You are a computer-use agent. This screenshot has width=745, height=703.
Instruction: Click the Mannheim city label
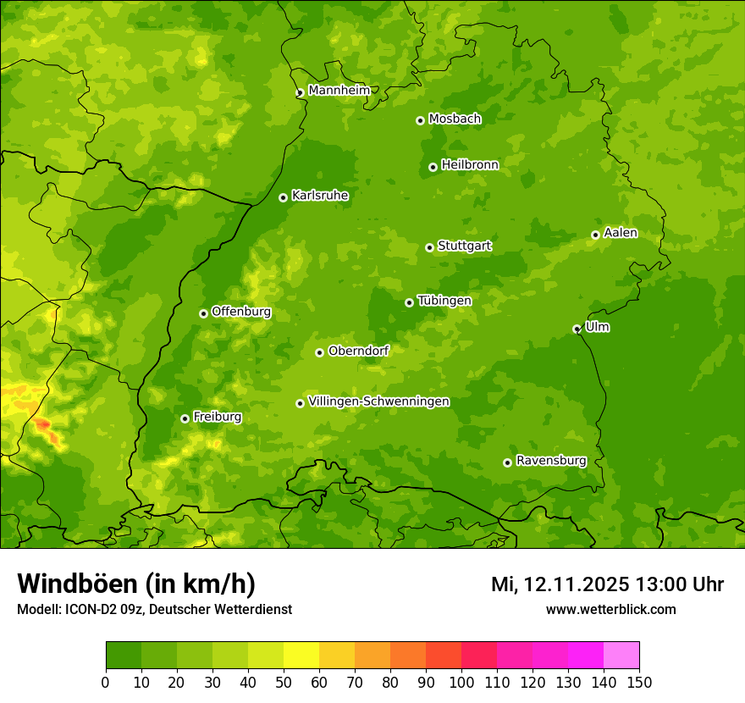[339, 91]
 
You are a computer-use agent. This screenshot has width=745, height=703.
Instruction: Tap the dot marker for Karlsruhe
[283, 197]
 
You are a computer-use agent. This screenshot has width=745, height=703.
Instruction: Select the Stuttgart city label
[464, 246]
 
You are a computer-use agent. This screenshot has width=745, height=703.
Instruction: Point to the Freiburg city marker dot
[185, 418]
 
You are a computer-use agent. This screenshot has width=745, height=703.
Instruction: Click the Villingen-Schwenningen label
[378, 401]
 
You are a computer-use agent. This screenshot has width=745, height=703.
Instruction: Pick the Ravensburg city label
[550, 461]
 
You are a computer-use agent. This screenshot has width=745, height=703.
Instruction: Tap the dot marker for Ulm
[577, 329]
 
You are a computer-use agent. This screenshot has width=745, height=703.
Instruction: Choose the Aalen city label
[621, 233]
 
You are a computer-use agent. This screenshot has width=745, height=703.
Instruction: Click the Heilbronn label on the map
[470, 165]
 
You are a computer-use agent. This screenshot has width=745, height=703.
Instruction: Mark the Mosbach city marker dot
[420, 120]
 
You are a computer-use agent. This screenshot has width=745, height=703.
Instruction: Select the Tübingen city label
[444, 301]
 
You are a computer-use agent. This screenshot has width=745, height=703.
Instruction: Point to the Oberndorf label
[358, 351]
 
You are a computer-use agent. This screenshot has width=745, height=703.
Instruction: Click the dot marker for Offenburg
[203, 313]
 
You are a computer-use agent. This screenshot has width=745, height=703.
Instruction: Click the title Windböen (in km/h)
[136, 584]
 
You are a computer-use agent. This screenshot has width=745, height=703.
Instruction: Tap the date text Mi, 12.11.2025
[560, 584]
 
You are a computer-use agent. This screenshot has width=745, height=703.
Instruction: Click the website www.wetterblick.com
[610, 609]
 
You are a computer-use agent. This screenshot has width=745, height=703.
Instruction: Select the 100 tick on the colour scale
[461, 682]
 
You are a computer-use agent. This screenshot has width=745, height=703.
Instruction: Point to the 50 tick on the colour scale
[284, 682]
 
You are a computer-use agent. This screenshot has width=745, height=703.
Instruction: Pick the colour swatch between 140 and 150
[621, 655]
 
